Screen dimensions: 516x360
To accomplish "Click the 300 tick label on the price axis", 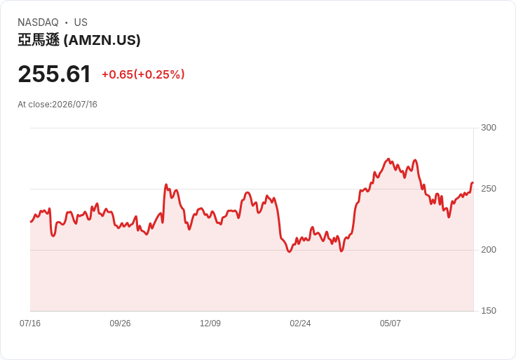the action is pyautogui.click(x=489, y=128).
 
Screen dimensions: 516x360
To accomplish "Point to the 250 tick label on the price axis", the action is pyautogui.click(x=489, y=189).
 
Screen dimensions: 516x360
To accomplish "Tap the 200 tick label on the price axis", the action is pyautogui.click(x=489, y=250).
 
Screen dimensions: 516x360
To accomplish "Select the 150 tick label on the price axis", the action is pyautogui.click(x=489, y=311).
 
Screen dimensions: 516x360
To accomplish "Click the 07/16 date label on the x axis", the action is pyautogui.click(x=30, y=323).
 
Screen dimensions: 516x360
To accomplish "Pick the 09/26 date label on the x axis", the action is pyautogui.click(x=120, y=323).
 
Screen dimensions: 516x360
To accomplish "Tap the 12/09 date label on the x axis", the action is pyautogui.click(x=210, y=323).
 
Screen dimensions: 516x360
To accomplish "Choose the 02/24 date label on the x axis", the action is pyautogui.click(x=300, y=323).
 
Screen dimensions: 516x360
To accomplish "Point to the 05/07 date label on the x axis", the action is pyautogui.click(x=391, y=323).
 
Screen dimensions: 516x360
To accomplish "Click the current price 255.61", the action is pyautogui.click(x=54, y=74).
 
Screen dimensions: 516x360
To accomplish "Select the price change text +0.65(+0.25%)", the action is pyautogui.click(x=143, y=74).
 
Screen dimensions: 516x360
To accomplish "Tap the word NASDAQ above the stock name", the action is pyautogui.click(x=38, y=22).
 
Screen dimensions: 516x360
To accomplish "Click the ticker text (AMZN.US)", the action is pyautogui.click(x=102, y=40).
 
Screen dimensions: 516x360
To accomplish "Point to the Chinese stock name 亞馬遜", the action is pyautogui.click(x=39, y=40).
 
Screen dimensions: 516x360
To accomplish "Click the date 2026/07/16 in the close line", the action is pyautogui.click(x=75, y=105).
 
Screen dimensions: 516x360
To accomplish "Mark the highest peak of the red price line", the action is pyautogui.click(x=388, y=159).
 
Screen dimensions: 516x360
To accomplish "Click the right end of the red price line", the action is pyautogui.click(x=473, y=182).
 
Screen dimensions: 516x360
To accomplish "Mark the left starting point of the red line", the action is pyautogui.click(x=31, y=222).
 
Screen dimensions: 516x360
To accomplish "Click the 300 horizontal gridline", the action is pyautogui.click(x=252, y=128).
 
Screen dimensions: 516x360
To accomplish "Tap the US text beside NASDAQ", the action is pyautogui.click(x=81, y=22).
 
